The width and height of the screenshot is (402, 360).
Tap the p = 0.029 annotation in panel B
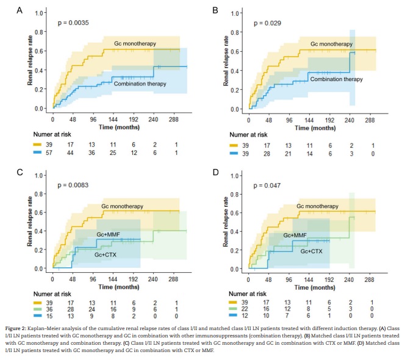coord(267,23)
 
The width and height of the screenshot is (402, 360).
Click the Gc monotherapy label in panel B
coord(331,44)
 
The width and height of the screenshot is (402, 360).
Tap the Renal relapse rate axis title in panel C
coord(29,222)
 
